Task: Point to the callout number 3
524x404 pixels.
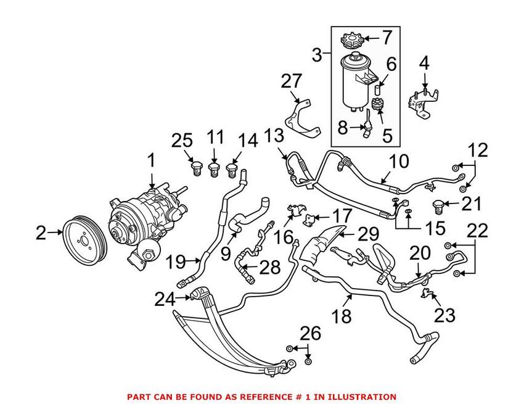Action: [x=317, y=56]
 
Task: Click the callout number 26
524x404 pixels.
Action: [x=311, y=334]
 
